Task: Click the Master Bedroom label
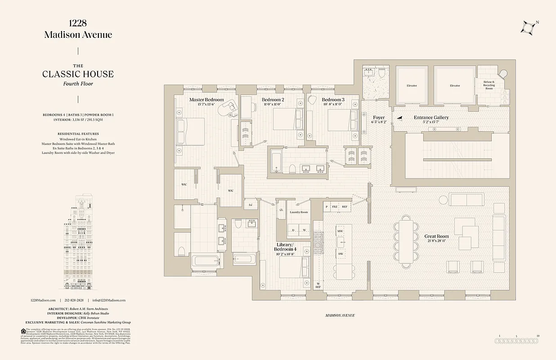point(206,99)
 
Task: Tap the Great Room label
point(436,236)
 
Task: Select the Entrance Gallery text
point(431,117)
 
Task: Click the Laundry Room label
point(299,212)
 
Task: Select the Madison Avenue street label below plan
point(340,315)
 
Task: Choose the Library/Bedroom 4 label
point(286,247)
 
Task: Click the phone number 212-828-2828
point(74,300)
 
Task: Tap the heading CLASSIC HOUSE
point(78,74)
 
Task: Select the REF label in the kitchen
point(345,207)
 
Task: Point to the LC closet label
point(251,205)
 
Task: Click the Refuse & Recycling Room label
point(489,85)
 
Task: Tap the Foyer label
point(378,117)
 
